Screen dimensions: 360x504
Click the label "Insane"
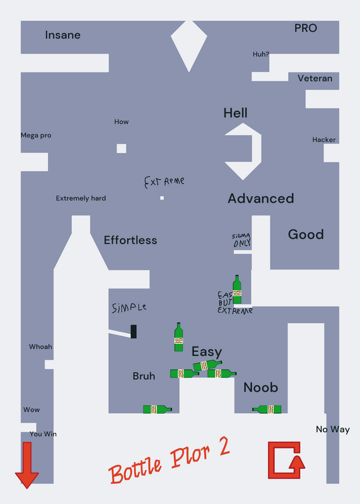pyautogui.click(x=63, y=35)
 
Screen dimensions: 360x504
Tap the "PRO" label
pyautogui.click(x=306, y=28)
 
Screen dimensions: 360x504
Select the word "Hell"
pyautogui.click(x=236, y=113)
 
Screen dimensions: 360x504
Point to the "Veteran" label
pyautogui.click(x=315, y=78)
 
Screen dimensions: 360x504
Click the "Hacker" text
pyautogui.click(x=324, y=140)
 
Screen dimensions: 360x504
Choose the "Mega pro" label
pyautogui.click(x=36, y=135)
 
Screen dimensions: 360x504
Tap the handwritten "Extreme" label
pyautogui.click(x=164, y=181)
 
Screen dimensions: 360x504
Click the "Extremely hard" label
pyautogui.click(x=81, y=198)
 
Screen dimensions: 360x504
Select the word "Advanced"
pyautogui.click(x=261, y=198)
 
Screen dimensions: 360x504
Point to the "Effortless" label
pyautogui.click(x=131, y=240)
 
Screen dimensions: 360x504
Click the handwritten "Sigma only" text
pyautogui.click(x=241, y=241)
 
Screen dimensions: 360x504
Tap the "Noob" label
pyautogui.click(x=260, y=387)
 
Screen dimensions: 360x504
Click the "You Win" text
pyautogui.click(x=43, y=434)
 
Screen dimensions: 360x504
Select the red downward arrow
pyautogui.click(x=27, y=465)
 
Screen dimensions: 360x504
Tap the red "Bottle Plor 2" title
pyautogui.click(x=170, y=461)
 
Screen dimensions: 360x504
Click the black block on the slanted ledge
pyautogui.click(x=134, y=331)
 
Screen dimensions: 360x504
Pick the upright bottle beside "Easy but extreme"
pyautogui.click(x=237, y=289)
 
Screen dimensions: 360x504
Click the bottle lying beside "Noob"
pyautogui.click(x=267, y=409)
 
